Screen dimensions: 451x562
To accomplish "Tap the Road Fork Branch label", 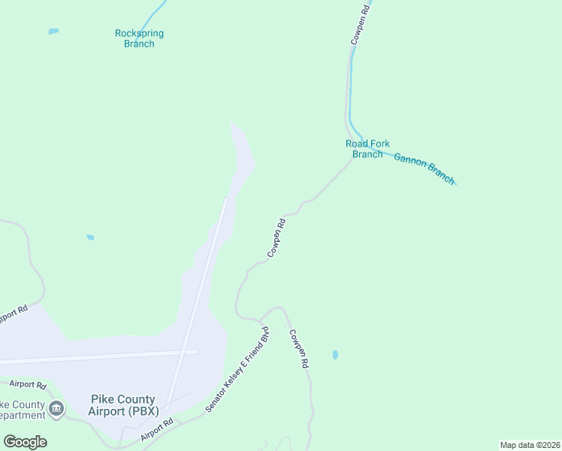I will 367,149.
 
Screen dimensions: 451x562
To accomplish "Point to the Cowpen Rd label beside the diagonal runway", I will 276,238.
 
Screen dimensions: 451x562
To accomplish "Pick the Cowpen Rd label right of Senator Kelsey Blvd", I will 298,349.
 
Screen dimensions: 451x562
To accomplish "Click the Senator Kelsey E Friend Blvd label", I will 237,369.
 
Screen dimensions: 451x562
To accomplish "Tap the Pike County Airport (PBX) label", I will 122,405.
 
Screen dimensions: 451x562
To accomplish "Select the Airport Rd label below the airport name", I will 156,431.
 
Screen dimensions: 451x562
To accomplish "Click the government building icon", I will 56,410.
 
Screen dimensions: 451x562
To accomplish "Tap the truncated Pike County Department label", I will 23,410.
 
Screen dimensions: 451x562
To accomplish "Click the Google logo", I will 25,442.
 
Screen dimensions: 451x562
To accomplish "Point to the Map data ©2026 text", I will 530,445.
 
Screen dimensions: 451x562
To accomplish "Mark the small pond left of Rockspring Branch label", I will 53,32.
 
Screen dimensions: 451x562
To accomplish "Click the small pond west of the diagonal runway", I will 90,238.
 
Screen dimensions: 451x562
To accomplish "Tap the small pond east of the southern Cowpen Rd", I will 334,355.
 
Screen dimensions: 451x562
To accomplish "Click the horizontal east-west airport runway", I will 98,356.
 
